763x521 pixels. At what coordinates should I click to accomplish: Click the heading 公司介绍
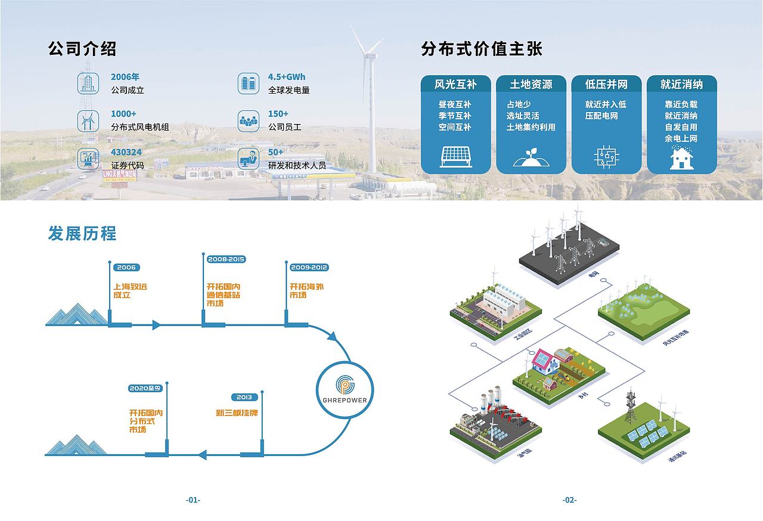(82, 49)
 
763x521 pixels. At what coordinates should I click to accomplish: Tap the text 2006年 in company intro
(125, 77)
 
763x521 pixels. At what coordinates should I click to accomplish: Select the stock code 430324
(126, 153)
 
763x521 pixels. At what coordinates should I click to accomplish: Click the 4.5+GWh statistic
(287, 77)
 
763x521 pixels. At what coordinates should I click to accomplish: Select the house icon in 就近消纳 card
(681, 157)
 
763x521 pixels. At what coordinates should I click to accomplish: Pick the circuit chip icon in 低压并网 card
(606, 156)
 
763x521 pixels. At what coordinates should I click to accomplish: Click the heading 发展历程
(82, 233)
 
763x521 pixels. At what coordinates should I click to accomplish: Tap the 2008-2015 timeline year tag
(227, 259)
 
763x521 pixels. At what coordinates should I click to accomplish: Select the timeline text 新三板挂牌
(237, 413)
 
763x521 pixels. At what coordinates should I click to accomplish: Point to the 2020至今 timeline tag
(145, 388)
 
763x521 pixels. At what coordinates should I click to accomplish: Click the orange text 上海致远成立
(130, 291)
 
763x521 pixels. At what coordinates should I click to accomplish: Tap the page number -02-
(569, 500)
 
